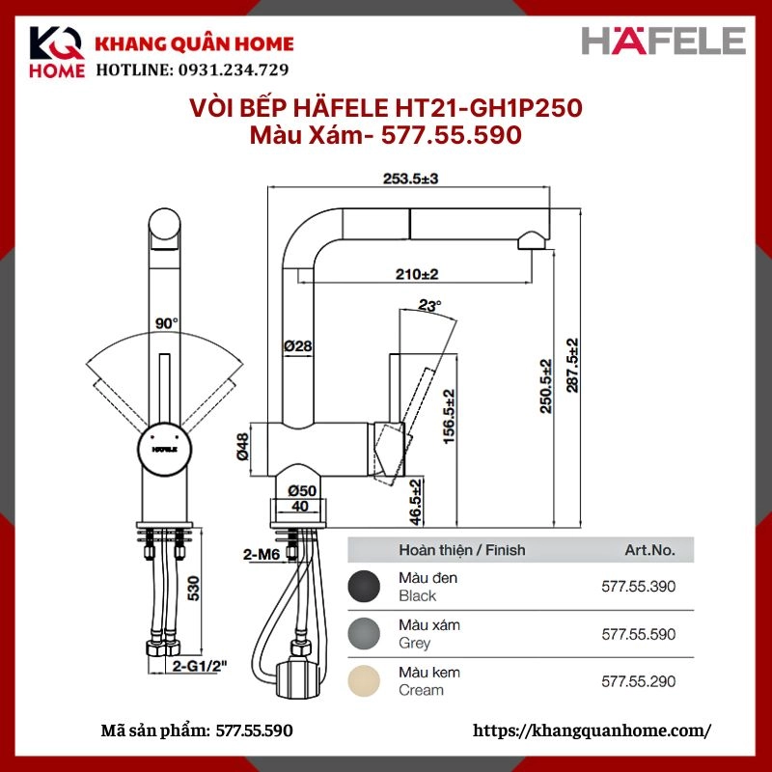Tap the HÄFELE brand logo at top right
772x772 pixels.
(x=664, y=41)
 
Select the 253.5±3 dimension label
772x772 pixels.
(x=411, y=179)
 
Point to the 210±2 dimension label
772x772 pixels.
(x=417, y=274)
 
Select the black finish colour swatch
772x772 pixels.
(x=365, y=586)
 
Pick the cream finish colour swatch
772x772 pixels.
(x=365, y=680)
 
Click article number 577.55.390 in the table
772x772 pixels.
(x=638, y=586)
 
